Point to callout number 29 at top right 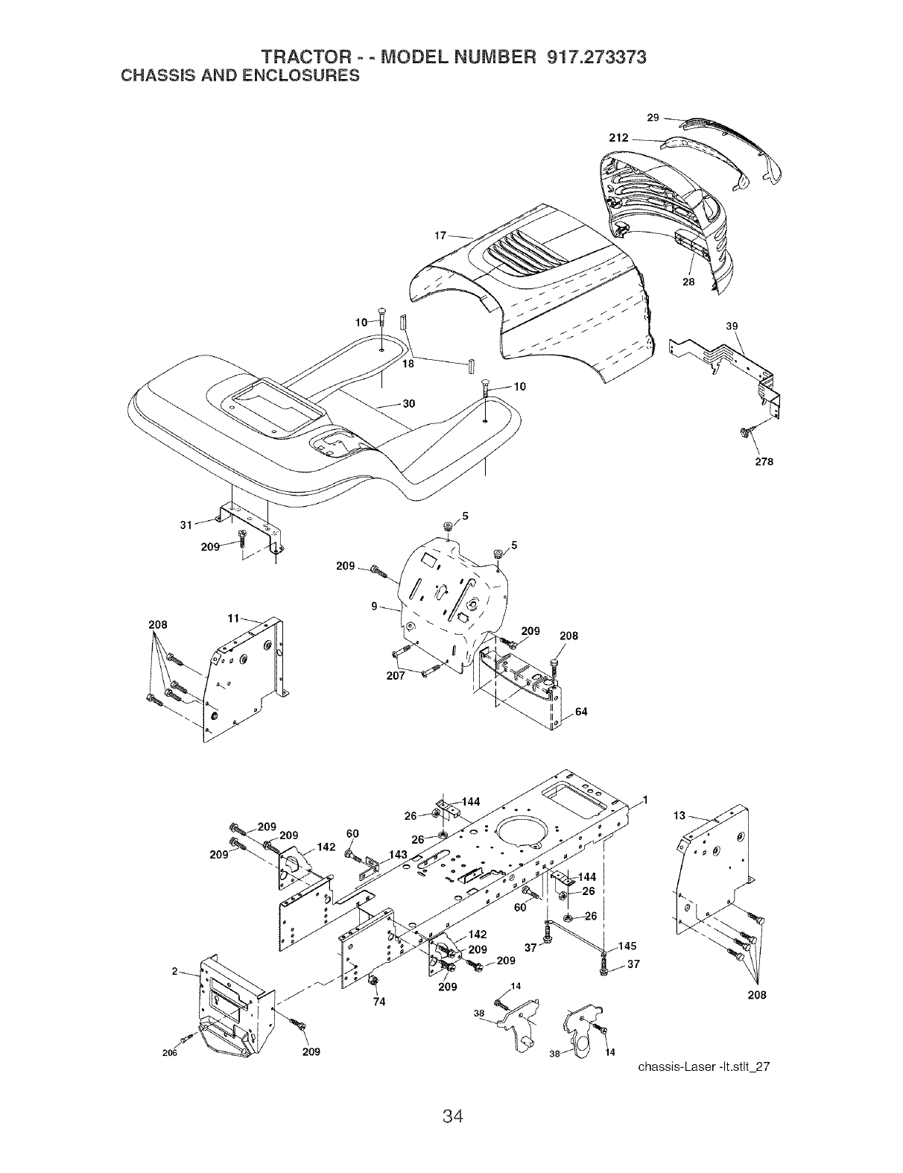[653, 118]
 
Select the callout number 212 [619, 138]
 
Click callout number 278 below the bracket [764, 461]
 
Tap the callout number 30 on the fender [408, 404]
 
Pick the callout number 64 [581, 712]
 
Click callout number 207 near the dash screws [396, 676]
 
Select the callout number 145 [627, 946]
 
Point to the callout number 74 [378, 1002]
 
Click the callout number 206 [171, 1052]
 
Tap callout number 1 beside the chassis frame [645, 800]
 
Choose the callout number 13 [679, 816]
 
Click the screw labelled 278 [745, 432]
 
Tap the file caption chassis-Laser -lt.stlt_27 [703, 1066]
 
